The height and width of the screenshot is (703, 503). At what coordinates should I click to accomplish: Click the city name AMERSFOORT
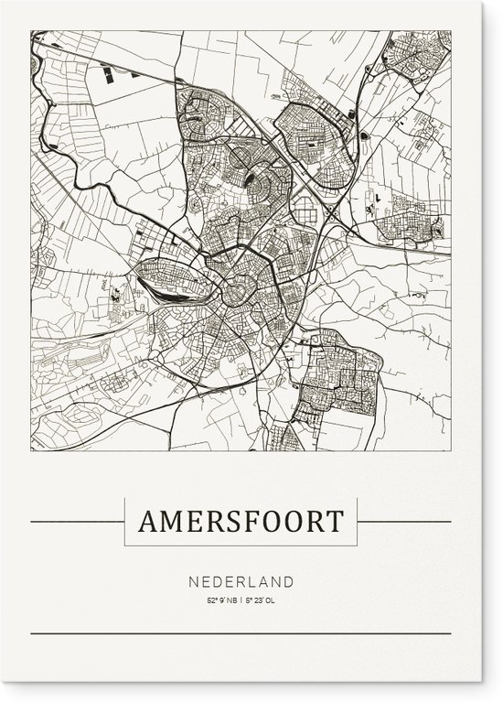pos(241,522)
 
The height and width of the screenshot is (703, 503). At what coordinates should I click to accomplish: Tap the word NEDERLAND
pos(242,580)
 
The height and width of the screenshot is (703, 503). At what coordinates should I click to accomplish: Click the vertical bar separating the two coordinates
pos(242,600)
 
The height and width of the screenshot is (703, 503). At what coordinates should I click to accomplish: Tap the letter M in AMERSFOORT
pos(173,522)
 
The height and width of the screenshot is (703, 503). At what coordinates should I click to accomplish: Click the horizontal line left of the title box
pos(77,523)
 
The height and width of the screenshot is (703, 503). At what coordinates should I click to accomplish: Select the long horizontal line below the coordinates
pos(241,633)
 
